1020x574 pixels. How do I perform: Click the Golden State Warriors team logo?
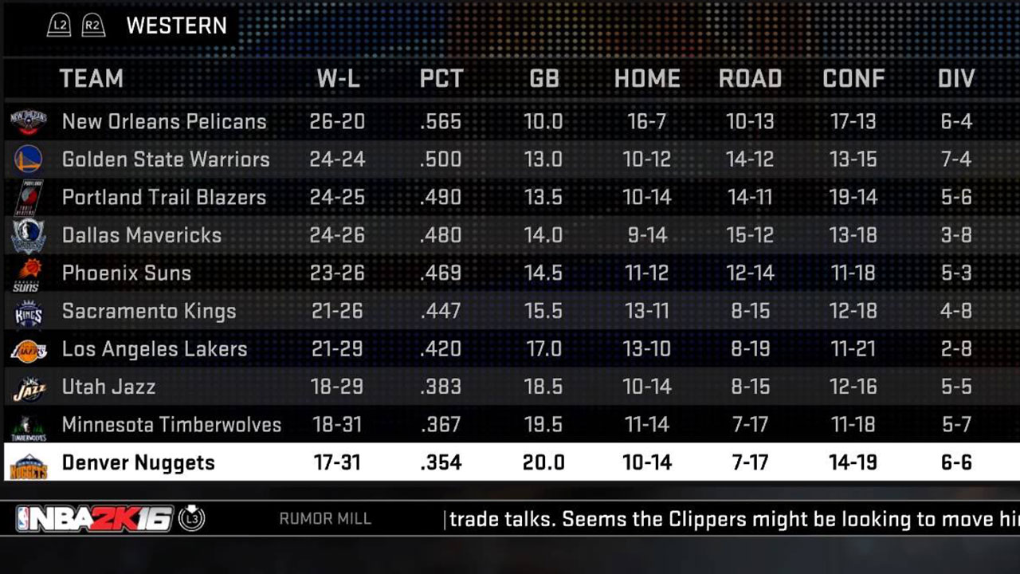click(x=28, y=159)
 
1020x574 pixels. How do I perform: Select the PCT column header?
click(x=441, y=79)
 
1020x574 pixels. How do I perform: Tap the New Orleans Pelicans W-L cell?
click(x=337, y=121)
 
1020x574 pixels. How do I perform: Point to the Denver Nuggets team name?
click(x=138, y=462)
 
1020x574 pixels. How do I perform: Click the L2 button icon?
click(x=59, y=26)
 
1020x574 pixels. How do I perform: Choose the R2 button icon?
click(x=93, y=26)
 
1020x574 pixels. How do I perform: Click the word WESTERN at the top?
click(x=176, y=26)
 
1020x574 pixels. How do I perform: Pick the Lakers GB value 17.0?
click(x=543, y=349)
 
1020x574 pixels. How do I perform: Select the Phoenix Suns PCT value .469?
click(x=441, y=273)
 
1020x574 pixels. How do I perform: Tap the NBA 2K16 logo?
click(x=94, y=519)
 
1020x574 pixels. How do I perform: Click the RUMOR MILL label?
click(x=325, y=519)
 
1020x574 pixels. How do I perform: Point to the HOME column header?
click(x=647, y=79)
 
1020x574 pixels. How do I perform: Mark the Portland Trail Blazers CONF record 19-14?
click(x=853, y=198)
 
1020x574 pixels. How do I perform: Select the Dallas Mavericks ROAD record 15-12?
click(x=750, y=235)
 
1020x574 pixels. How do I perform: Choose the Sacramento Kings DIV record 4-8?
click(x=955, y=311)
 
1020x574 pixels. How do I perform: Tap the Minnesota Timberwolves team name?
click(x=171, y=425)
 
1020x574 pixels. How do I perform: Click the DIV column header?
click(x=955, y=79)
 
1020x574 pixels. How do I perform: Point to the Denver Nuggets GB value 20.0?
click(x=543, y=462)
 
